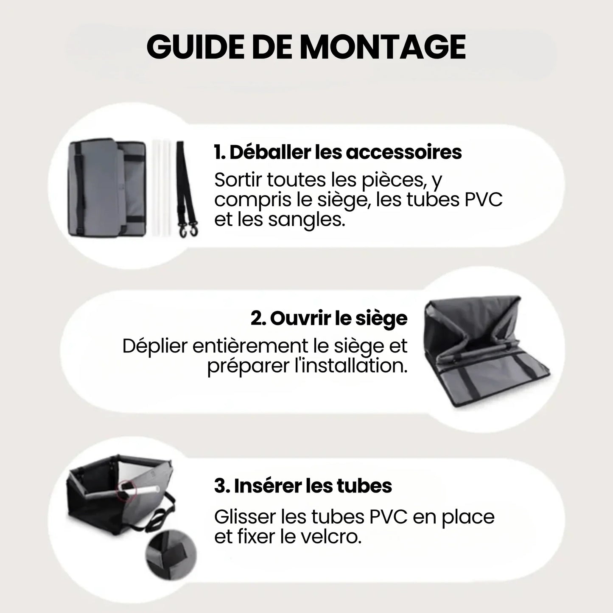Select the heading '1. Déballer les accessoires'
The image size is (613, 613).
pyautogui.click(x=338, y=152)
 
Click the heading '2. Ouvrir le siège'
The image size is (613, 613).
pyautogui.click(x=329, y=318)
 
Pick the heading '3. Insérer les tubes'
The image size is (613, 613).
pyautogui.click(x=303, y=486)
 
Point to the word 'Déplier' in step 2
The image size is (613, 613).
pyautogui.click(x=154, y=346)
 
